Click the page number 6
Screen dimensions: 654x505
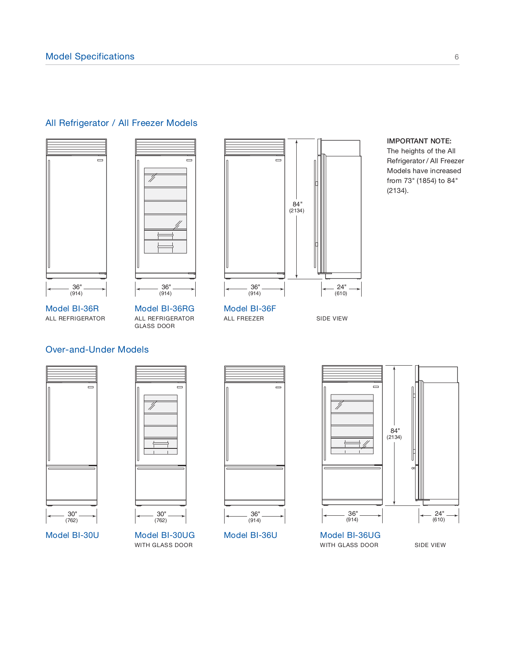[x=456, y=57]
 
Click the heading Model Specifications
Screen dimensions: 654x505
[x=90, y=56]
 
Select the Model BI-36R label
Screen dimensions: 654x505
[x=72, y=309]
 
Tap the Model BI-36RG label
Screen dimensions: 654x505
[x=164, y=309]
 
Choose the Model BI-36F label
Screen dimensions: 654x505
[x=250, y=309]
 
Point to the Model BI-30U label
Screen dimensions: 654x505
[x=72, y=535]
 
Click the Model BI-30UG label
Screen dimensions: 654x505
[x=164, y=535]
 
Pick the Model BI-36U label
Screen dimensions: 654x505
[x=250, y=535]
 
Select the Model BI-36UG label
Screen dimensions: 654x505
[x=350, y=535]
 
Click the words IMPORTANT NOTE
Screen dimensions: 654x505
[x=419, y=141]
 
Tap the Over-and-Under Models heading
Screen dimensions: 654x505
[x=97, y=349]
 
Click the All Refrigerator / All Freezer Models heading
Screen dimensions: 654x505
[x=121, y=123]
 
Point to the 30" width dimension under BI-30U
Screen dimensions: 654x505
[x=72, y=514]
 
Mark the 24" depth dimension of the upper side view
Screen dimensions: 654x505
[x=341, y=287]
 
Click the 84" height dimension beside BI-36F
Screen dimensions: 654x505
[x=297, y=205]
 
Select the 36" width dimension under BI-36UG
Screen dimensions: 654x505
[x=353, y=514]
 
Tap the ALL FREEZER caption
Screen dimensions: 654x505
[x=244, y=318]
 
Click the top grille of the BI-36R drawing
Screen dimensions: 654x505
[x=76, y=147]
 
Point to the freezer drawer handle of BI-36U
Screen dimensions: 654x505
[x=255, y=469]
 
